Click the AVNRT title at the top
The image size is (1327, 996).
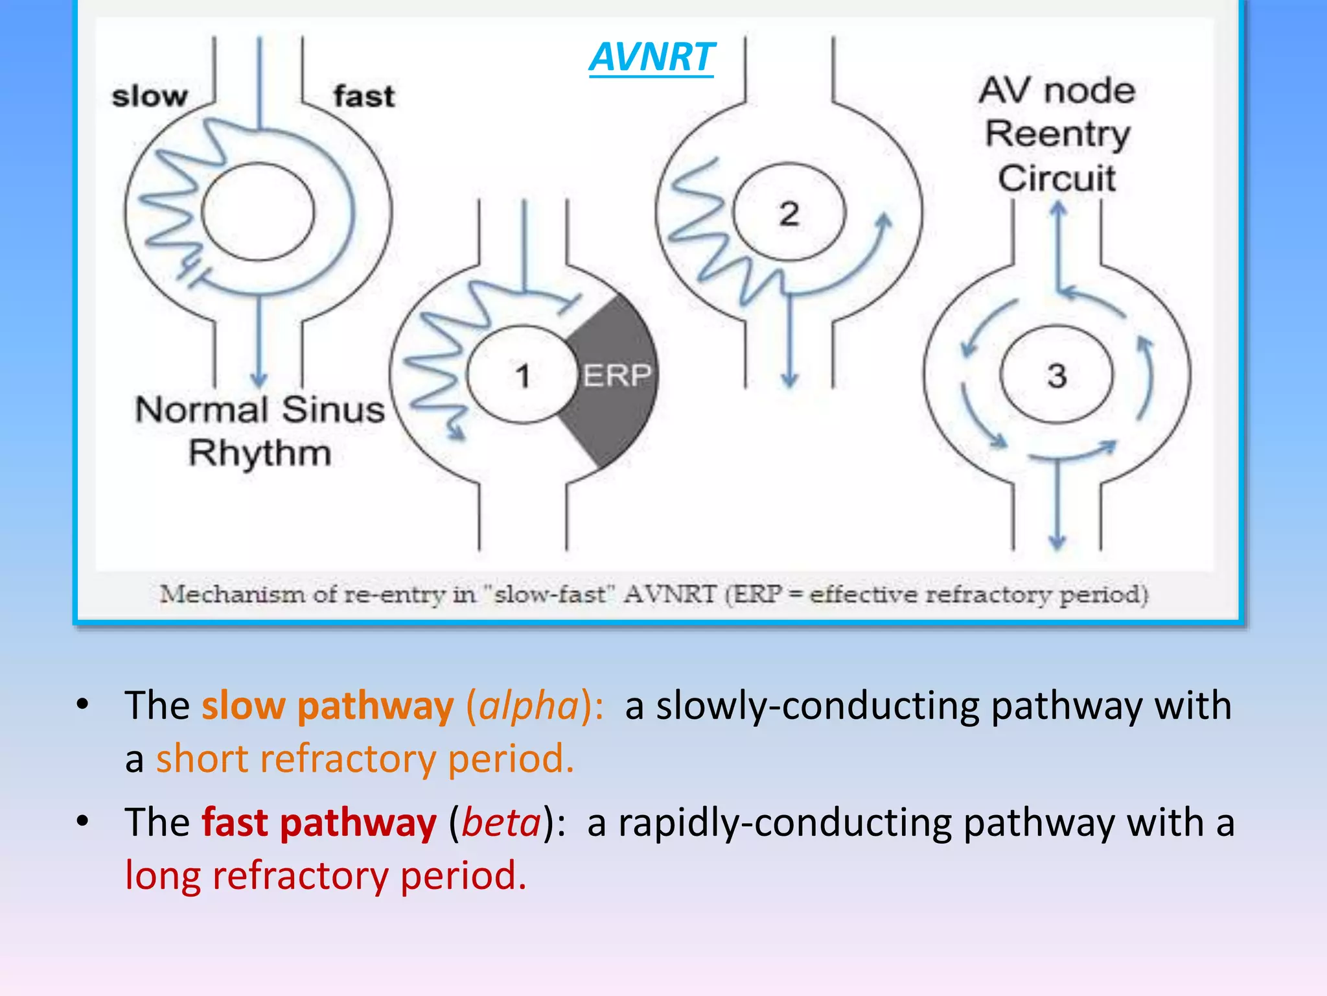point(651,57)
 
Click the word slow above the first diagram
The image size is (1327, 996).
point(150,97)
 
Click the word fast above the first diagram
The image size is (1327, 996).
point(363,97)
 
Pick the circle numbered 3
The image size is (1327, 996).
point(1056,375)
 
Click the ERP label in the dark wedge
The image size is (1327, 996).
point(616,375)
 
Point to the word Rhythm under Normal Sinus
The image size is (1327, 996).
point(260,453)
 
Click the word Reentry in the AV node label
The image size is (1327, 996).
point(1057,134)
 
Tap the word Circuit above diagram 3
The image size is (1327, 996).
point(1057,178)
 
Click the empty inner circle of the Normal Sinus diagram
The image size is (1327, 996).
point(258,211)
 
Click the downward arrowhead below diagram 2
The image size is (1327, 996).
point(789,379)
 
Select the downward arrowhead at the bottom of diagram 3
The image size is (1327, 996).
point(1057,541)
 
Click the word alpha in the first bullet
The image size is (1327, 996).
point(529,705)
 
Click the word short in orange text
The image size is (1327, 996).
point(202,759)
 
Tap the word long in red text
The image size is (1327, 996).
point(163,876)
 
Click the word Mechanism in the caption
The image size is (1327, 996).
point(232,594)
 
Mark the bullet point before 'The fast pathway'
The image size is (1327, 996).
point(82,822)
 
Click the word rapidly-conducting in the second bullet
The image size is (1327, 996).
point(785,823)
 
